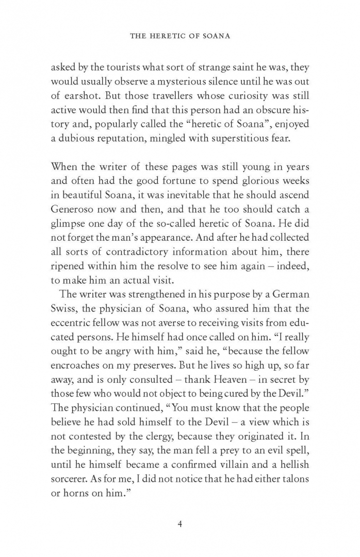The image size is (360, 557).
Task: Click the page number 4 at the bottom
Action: coord(180,525)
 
